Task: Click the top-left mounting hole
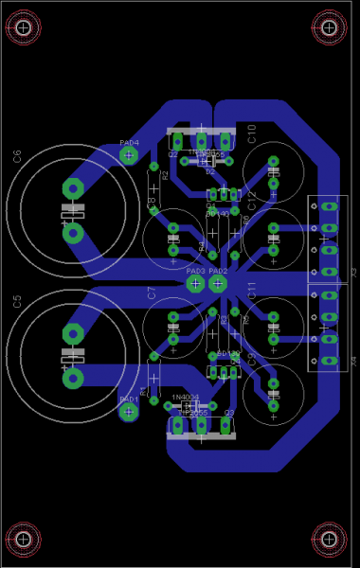coord(23,28)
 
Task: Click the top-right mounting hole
coord(330,28)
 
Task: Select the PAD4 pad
coord(129,156)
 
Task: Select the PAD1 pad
coord(129,412)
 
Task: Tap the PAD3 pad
coord(195,283)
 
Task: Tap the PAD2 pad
coord(218,283)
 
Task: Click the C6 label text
coord(17,156)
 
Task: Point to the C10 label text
coord(252,133)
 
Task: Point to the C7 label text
coord(152,293)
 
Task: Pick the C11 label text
coord(252,291)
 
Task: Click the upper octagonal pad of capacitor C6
coord(72,188)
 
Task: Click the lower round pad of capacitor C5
coord(72,380)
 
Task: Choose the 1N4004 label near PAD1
coord(186,398)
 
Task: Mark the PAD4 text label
coord(129,143)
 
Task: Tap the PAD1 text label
coord(129,399)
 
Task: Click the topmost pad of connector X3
coord(329,206)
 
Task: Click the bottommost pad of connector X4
coord(329,361)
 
